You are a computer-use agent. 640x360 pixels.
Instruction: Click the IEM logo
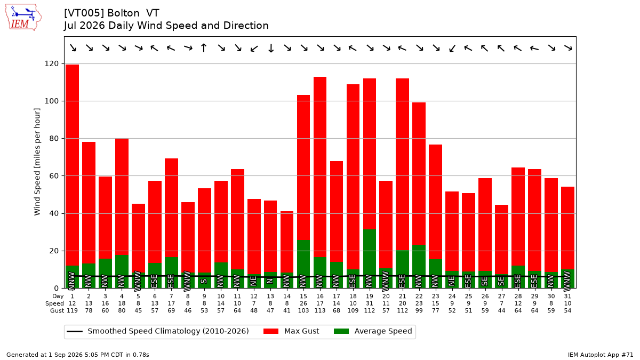pyautogui.click(x=23, y=18)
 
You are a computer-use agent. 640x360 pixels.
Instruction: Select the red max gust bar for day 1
pyautogui.click(x=73, y=165)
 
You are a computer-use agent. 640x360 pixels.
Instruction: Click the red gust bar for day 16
pyautogui.click(x=320, y=167)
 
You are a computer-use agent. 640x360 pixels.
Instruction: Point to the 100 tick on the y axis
pyautogui.click(x=51, y=101)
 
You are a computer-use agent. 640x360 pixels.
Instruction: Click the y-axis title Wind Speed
pyautogui.click(x=37, y=162)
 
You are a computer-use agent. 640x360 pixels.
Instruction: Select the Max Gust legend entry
pyautogui.click(x=291, y=331)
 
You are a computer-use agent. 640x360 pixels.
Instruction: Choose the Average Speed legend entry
pyautogui.click(x=373, y=331)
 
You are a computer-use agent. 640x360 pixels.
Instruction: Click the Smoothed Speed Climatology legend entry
pyautogui.click(x=158, y=331)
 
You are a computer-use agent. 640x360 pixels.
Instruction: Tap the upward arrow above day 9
pyautogui.click(x=204, y=47)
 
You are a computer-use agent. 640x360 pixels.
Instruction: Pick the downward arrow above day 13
pyautogui.click(x=271, y=48)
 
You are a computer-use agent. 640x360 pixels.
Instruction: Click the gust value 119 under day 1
pyautogui.click(x=73, y=310)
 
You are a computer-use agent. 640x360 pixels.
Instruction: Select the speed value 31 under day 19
pyautogui.click(x=370, y=303)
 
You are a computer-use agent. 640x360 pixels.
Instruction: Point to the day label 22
pyautogui.click(x=419, y=297)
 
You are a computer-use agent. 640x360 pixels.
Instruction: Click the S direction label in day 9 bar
pyautogui.click(x=204, y=281)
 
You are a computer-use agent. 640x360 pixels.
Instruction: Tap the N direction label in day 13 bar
pyautogui.click(x=270, y=281)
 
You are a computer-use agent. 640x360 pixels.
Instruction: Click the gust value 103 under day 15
pyautogui.click(x=303, y=310)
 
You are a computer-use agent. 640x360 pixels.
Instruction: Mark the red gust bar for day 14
pyautogui.click(x=287, y=242)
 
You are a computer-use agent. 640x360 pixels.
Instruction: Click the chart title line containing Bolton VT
pyautogui.click(x=111, y=13)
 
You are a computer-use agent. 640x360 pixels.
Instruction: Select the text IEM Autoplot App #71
pyautogui.click(x=601, y=355)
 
